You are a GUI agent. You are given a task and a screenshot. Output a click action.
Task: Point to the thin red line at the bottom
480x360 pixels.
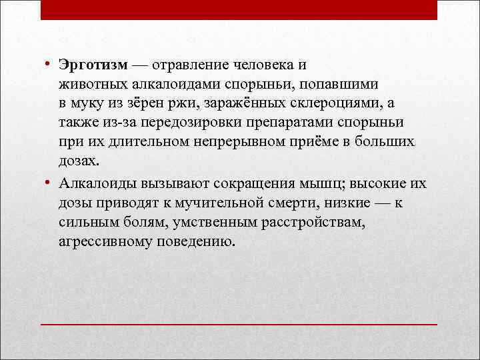click(239, 324)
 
